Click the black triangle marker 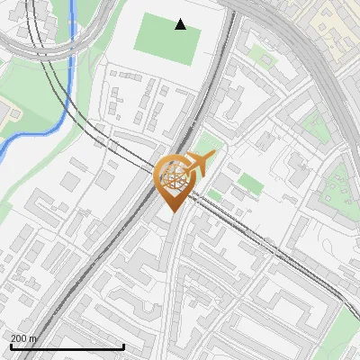coord(181,24)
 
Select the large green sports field coord(166,39)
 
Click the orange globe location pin coord(174,180)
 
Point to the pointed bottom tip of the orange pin coord(174,211)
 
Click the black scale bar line coord(67,346)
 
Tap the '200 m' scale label coord(24,338)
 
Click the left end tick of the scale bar coord(11,346)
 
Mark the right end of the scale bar coord(123,346)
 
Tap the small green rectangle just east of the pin coord(250,185)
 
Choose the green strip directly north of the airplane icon coord(208,141)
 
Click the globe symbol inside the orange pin coord(174,175)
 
